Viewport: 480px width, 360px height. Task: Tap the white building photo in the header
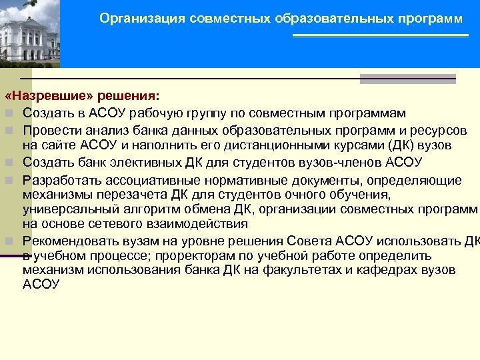tap(30, 33)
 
